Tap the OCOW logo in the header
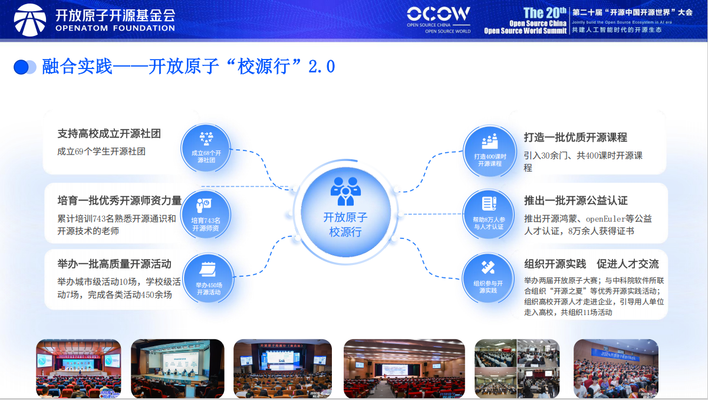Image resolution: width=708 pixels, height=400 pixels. [x=438, y=15]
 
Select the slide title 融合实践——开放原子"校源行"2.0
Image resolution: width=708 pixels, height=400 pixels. [x=189, y=66]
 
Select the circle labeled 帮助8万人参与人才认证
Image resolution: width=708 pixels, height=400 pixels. [x=489, y=214]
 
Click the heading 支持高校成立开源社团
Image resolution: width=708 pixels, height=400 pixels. [x=109, y=134]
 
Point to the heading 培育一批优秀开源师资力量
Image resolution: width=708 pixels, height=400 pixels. [x=119, y=200]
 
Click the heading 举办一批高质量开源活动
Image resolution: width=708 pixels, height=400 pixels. [x=114, y=264]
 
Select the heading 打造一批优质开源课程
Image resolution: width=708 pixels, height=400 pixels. [x=575, y=137]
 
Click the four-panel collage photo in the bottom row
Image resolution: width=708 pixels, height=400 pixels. [x=517, y=368]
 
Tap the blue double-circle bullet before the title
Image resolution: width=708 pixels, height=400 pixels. [x=25, y=67]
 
